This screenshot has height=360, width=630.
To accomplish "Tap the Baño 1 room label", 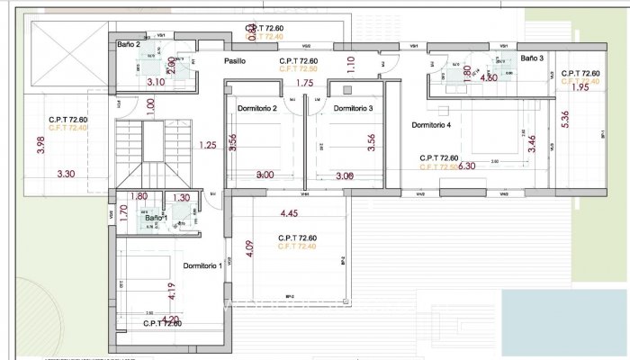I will pyautogui.click(x=156, y=218).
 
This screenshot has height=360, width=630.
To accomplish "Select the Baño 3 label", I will pyautogui.click(x=533, y=58).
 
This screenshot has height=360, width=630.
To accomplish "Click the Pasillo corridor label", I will pyautogui.click(x=236, y=61).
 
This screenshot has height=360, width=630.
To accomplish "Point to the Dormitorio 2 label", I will pyautogui.click(x=256, y=109).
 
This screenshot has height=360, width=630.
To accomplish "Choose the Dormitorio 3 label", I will pyautogui.click(x=353, y=109).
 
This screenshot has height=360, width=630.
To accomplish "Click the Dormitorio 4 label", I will pyautogui.click(x=436, y=125).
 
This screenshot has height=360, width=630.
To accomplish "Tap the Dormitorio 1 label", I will pyautogui.click(x=202, y=266).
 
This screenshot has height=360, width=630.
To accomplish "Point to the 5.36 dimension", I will pyautogui.click(x=564, y=120).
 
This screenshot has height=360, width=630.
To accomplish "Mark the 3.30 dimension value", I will pyautogui.click(x=66, y=174).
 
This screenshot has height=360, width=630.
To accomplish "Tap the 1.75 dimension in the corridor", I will pyautogui.click(x=303, y=84).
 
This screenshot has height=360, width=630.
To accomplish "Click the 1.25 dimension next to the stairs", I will pyautogui.click(x=208, y=145).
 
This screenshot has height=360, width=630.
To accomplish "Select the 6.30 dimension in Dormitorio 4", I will pyautogui.click(x=466, y=166).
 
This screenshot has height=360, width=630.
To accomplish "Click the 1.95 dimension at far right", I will pyautogui.click(x=580, y=88).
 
